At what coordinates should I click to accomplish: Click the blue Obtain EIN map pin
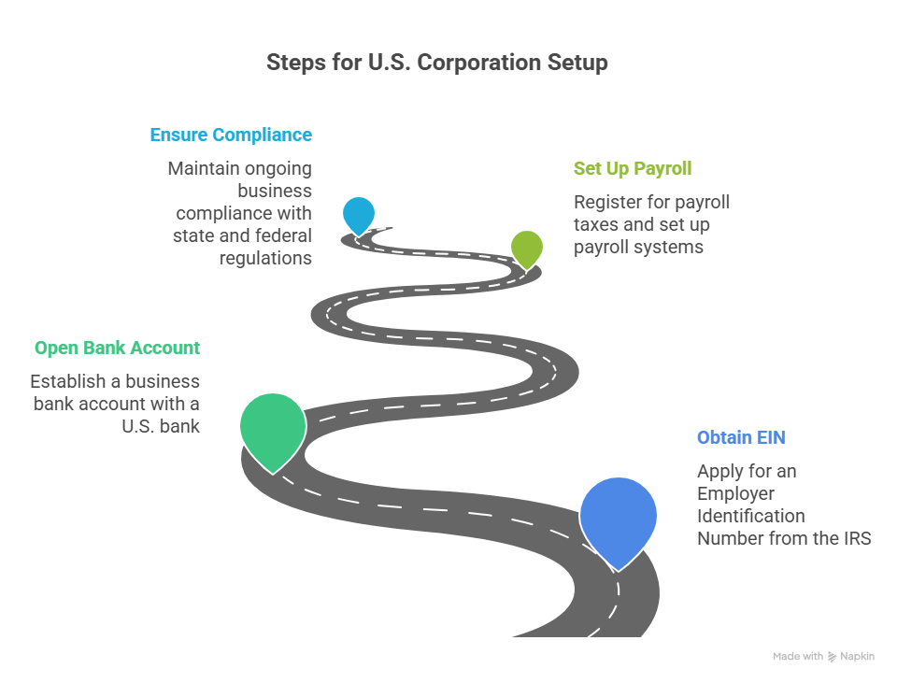click(x=618, y=518)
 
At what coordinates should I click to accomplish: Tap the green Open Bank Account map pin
click(x=273, y=428)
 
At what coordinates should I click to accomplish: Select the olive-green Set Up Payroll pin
click(x=526, y=247)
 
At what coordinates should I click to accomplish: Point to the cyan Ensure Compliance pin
click(x=359, y=214)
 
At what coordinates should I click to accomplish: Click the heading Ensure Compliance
click(x=231, y=135)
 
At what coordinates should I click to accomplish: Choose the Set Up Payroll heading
click(x=633, y=169)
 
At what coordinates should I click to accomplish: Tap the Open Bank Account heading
click(x=118, y=348)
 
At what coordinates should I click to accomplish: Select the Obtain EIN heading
click(x=741, y=437)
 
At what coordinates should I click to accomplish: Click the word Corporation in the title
click(x=478, y=63)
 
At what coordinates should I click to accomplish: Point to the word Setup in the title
click(x=577, y=63)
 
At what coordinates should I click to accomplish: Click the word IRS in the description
click(x=857, y=538)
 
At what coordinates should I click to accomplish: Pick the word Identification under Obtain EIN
click(x=751, y=516)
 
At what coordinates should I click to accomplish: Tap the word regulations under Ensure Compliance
click(x=265, y=259)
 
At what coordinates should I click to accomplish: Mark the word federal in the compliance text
click(x=283, y=235)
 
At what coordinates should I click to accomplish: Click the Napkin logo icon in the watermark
click(x=832, y=657)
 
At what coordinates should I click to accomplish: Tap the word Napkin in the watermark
click(x=857, y=657)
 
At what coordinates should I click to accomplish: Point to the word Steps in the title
click(x=296, y=63)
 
